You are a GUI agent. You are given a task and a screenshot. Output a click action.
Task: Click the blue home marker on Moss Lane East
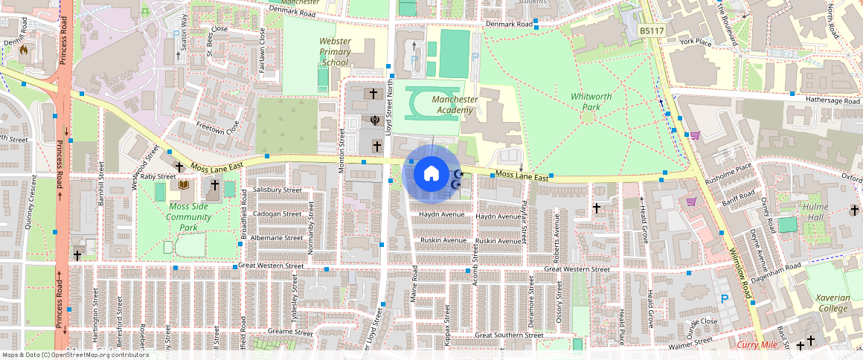pyautogui.click(x=431, y=173)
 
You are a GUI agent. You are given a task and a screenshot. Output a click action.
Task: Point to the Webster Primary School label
pyautogui.click(x=335, y=52)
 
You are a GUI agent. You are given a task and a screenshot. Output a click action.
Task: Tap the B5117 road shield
pyautogui.click(x=652, y=30)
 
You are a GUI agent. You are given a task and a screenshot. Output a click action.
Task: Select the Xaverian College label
pyautogui.click(x=832, y=302)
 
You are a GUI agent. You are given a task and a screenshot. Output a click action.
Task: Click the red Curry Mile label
pyautogui.click(x=757, y=344)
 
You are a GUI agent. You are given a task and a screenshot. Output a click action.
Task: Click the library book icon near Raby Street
pyautogui.click(x=182, y=184)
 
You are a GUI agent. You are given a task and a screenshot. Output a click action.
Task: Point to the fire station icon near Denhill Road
pyautogui.click(x=24, y=51)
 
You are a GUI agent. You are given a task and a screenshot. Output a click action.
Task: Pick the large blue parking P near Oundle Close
pyautogui.click(x=724, y=299)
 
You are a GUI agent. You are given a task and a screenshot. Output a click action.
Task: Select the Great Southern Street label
pyautogui.click(x=510, y=335)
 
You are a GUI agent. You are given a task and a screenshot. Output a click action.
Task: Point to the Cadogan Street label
pyautogui.click(x=277, y=213)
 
